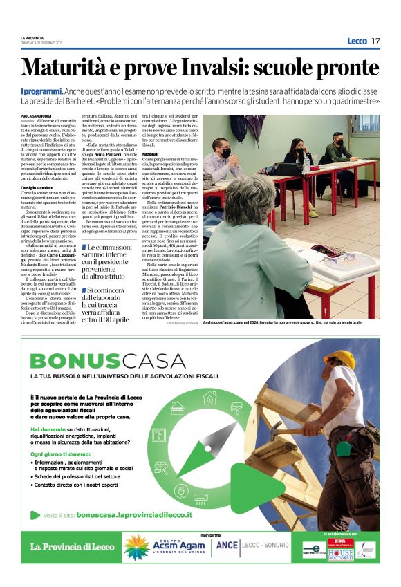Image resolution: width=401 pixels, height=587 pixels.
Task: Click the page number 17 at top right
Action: [x=375, y=41]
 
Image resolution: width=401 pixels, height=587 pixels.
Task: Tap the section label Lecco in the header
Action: [x=357, y=41]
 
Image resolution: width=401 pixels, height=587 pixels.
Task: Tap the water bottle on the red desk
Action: [x=306, y=163]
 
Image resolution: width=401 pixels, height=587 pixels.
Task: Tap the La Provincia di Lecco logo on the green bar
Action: [x=72, y=546]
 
